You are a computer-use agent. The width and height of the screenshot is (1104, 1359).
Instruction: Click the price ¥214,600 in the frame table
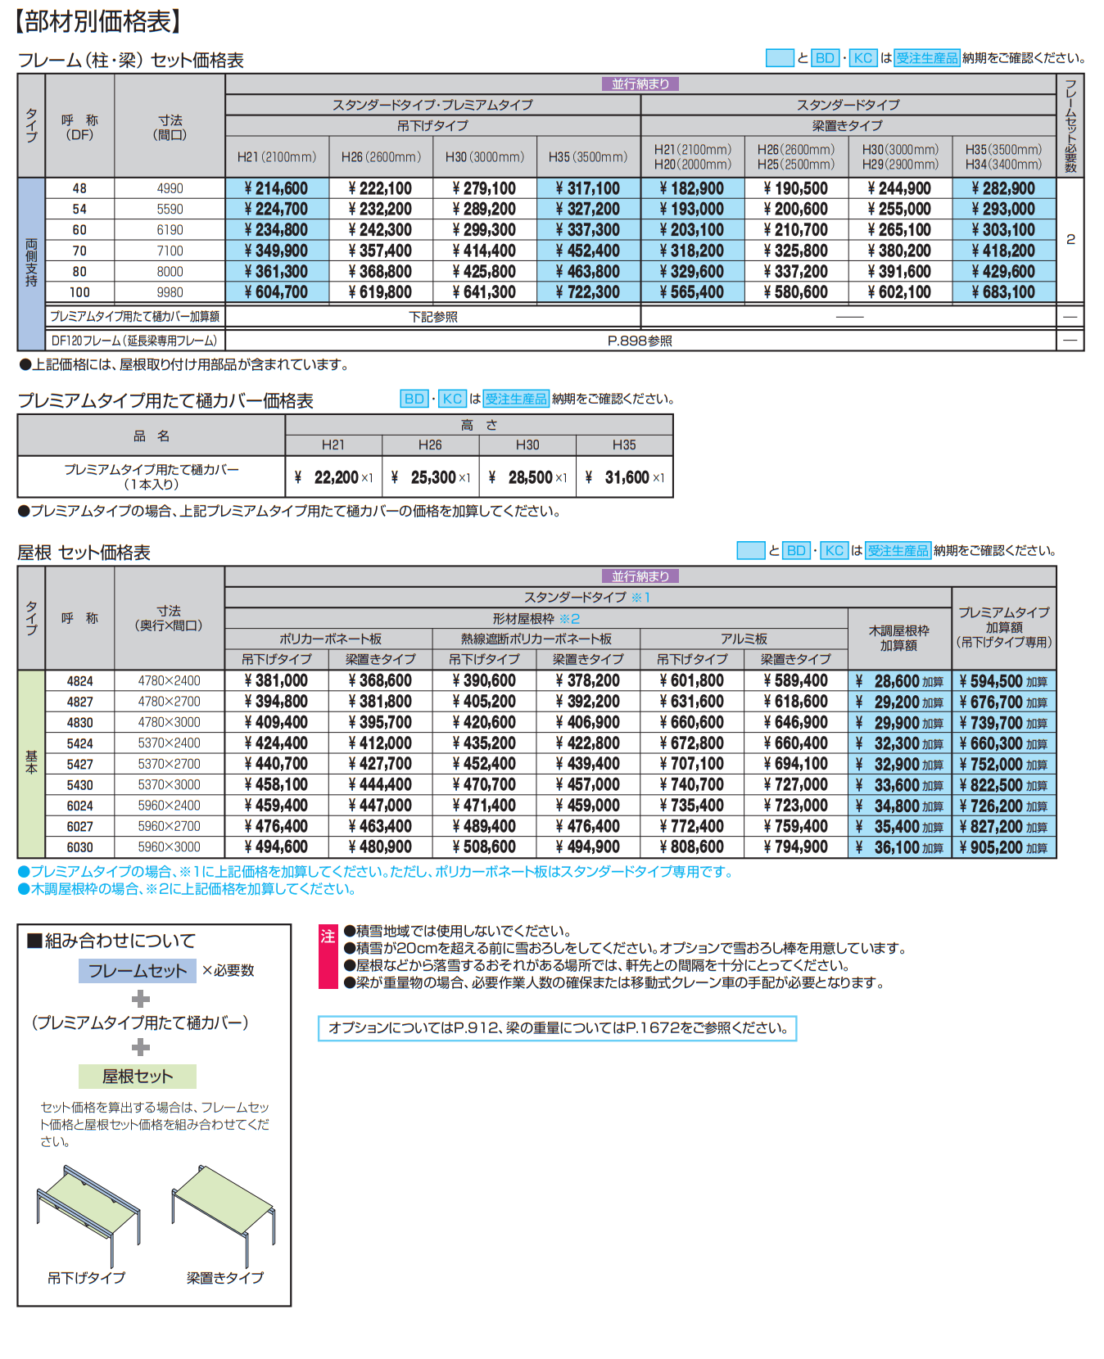(x=276, y=188)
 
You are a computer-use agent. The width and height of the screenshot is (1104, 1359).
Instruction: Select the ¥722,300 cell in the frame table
(x=588, y=292)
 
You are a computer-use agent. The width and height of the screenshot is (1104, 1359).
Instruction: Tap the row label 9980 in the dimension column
(x=170, y=292)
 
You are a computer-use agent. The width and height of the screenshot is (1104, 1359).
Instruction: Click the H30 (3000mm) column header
(x=485, y=156)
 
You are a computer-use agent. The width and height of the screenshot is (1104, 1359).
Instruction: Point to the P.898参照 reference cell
(x=640, y=341)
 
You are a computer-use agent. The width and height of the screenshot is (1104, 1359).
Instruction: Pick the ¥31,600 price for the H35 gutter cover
(x=626, y=477)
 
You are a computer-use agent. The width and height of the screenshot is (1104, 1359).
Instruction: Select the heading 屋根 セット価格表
(x=84, y=553)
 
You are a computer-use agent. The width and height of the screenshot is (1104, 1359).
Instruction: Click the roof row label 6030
(x=79, y=847)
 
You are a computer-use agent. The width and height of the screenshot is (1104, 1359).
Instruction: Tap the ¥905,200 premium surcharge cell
(x=1003, y=847)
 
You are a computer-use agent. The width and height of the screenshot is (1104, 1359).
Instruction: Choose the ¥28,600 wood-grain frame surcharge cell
(x=899, y=681)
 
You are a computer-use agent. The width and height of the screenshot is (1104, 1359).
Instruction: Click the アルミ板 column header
(x=744, y=639)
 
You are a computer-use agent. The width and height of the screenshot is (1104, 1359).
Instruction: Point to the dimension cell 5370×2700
(x=169, y=764)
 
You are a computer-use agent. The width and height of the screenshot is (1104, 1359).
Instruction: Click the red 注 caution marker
(x=328, y=937)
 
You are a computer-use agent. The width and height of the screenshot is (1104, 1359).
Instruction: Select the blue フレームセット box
(x=138, y=971)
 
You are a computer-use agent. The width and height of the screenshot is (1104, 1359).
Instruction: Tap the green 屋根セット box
(x=138, y=1076)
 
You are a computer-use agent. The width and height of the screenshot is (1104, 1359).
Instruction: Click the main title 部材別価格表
(x=97, y=21)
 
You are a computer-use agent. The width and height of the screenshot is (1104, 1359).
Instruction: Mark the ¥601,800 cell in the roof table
(x=692, y=681)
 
